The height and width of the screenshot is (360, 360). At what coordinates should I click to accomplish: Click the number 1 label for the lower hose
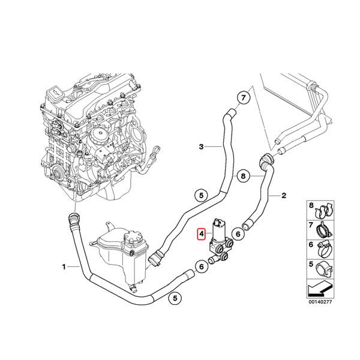(64, 265)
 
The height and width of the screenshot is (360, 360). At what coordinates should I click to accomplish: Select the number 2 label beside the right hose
(284, 196)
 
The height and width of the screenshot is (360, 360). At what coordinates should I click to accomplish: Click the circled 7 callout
(244, 98)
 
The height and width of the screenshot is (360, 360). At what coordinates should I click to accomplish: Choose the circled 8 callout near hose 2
(243, 176)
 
